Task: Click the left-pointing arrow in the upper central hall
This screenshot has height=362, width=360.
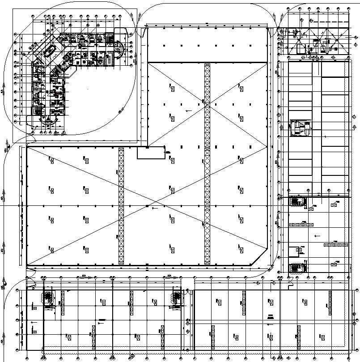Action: pyautogui.click(x=190, y=110)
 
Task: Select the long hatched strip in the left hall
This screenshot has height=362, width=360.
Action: pyautogui.click(x=121, y=206)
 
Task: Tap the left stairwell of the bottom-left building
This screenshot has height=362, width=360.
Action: pyautogui.click(x=47, y=297)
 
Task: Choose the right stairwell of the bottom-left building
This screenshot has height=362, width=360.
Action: pyautogui.click(x=176, y=298)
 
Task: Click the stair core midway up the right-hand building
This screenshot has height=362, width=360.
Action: pyautogui.click(x=298, y=128)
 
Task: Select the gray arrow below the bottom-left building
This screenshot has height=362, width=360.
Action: pyautogui.click(x=132, y=357)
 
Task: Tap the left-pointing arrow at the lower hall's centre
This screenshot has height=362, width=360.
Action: pyautogui.click(x=155, y=208)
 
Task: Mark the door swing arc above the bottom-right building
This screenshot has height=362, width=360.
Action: pyautogui.click(x=291, y=284)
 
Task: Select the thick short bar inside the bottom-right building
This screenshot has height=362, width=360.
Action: pyautogui.click(x=271, y=316)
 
